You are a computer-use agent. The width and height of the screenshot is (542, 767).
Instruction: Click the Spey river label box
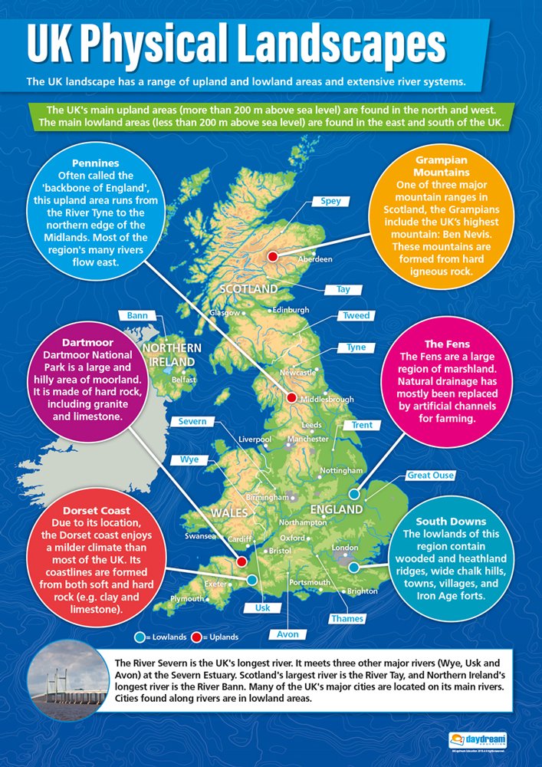tap(330, 202)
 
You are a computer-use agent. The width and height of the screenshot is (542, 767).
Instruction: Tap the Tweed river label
tap(356, 315)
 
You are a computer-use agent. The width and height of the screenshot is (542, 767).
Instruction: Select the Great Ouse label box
tap(430, 476)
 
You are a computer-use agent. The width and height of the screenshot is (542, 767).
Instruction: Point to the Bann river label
tap(137, 315)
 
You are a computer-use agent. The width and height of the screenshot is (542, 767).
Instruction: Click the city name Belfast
tap(184, 380)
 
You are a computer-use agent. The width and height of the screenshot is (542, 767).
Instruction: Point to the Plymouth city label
tap(188, 598)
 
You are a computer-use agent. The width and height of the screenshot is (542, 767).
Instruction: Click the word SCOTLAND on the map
tap(248, 289)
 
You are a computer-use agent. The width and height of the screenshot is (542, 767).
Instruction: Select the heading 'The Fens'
tap(447, 344)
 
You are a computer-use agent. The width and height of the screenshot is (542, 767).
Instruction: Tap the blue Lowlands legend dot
tap(139, 637)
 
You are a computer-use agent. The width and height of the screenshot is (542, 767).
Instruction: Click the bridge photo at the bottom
tap(66, 684)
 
